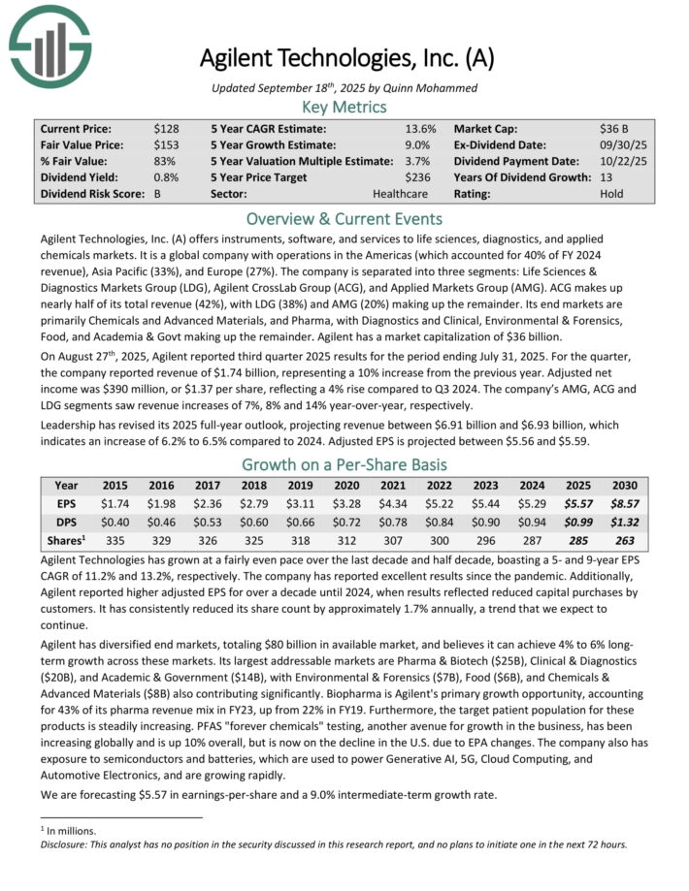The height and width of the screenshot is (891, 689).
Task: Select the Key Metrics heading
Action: [344, 108]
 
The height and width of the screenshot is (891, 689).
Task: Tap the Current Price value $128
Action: [164, 128]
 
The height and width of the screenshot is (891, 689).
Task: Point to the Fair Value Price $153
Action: [164, 144]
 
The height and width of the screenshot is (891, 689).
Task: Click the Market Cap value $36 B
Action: [614, 128]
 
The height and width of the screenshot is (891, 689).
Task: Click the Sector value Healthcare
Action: [399, 194]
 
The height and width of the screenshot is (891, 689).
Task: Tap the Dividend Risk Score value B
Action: [157, 194]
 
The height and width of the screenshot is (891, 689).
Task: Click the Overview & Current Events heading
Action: [344, 218]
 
